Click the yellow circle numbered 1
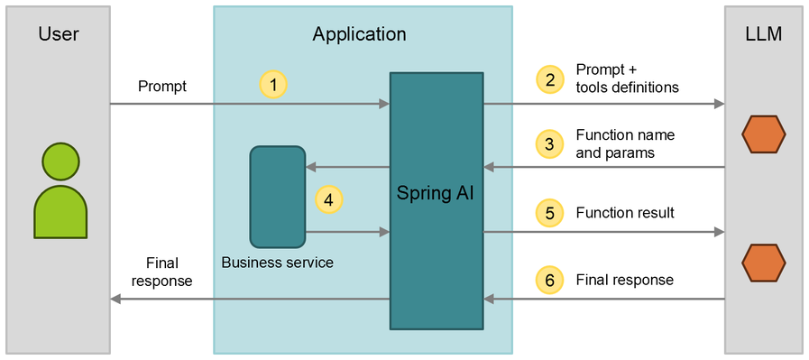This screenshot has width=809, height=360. (x=273, y=85)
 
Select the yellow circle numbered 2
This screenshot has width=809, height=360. (x=547, y=79)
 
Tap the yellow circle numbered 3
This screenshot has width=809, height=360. (x=547, y=143)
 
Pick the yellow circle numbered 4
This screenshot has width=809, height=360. (x=328, y=200)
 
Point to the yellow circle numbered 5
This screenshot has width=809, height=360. (x=547, y=213)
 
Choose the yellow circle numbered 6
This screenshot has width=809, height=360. (x=547, y=280)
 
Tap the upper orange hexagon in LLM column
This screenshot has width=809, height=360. (x=763, y=135)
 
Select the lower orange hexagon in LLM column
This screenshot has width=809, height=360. (x=763, y=263)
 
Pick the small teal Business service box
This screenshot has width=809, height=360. (x=278, y=197)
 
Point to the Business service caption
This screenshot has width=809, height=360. (x=277, y=263)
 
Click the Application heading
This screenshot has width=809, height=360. (x=359, y=35)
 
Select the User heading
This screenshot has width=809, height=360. (x=59, y=35)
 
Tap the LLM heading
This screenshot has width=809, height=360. (x=762, y=35)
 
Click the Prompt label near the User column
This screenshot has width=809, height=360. (x=162, y=87)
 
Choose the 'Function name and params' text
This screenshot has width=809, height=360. (x=625, y=143)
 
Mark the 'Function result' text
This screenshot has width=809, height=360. (x=625, y=213)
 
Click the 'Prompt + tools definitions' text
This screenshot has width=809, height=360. (x=627, y=79)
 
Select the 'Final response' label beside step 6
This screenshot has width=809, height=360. (x=624, y=280)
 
